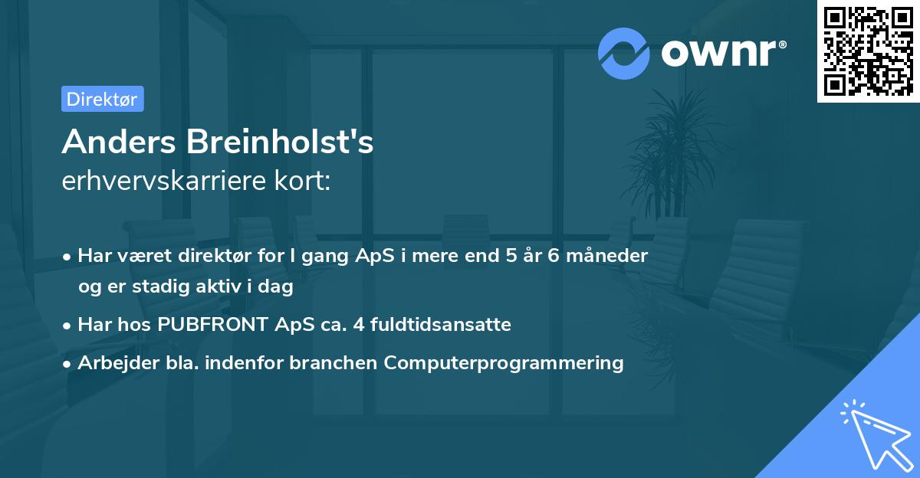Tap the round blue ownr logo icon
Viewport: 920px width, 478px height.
pyautogui.click(x=624, y=53)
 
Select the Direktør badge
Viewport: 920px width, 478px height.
pyautogui.click(x=102, y=99)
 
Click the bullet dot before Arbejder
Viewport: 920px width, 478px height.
pyautogui.click(x=68, y=363)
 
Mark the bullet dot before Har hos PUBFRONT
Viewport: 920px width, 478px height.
pyautogui.click(x=68, y=325)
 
